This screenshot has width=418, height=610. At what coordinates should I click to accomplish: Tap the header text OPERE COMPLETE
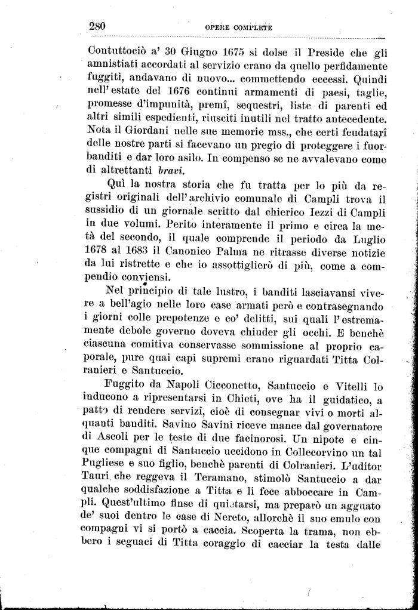tap(238, 27)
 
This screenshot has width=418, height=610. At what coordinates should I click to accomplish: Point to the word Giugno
tap(178, 51)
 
